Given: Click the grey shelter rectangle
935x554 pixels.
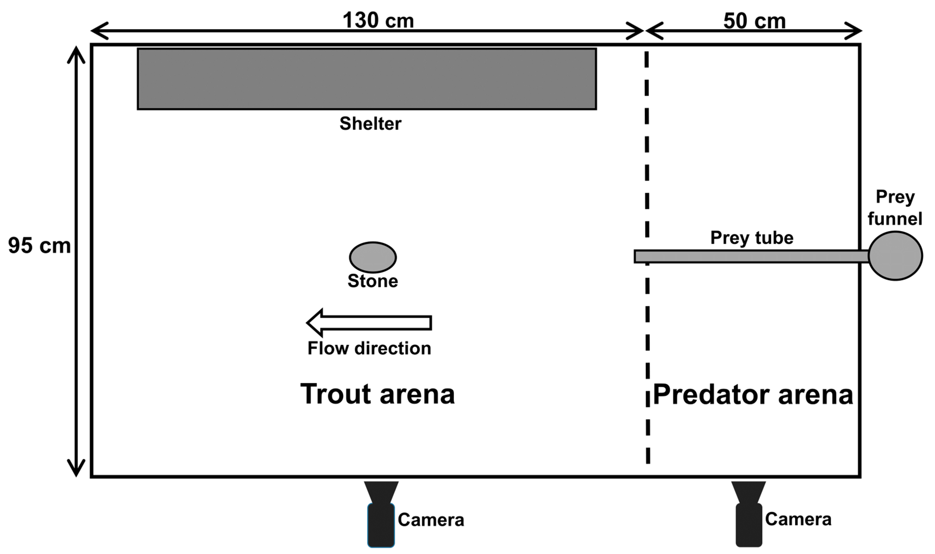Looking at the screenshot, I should pos(367,79).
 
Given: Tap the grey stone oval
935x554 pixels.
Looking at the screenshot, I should pos(373,257).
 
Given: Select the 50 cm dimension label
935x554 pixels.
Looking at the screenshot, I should pos(754,21).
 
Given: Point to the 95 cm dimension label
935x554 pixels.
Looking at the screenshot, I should pos(39,246).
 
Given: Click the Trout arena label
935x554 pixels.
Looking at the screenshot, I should pos(378,394).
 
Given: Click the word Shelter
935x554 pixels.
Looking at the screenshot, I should pos(370,124).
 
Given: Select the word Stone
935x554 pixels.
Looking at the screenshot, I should pos(373,281).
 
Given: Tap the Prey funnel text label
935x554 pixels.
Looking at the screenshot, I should pos(895,208).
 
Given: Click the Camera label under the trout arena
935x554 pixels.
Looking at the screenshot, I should pos(431,520).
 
